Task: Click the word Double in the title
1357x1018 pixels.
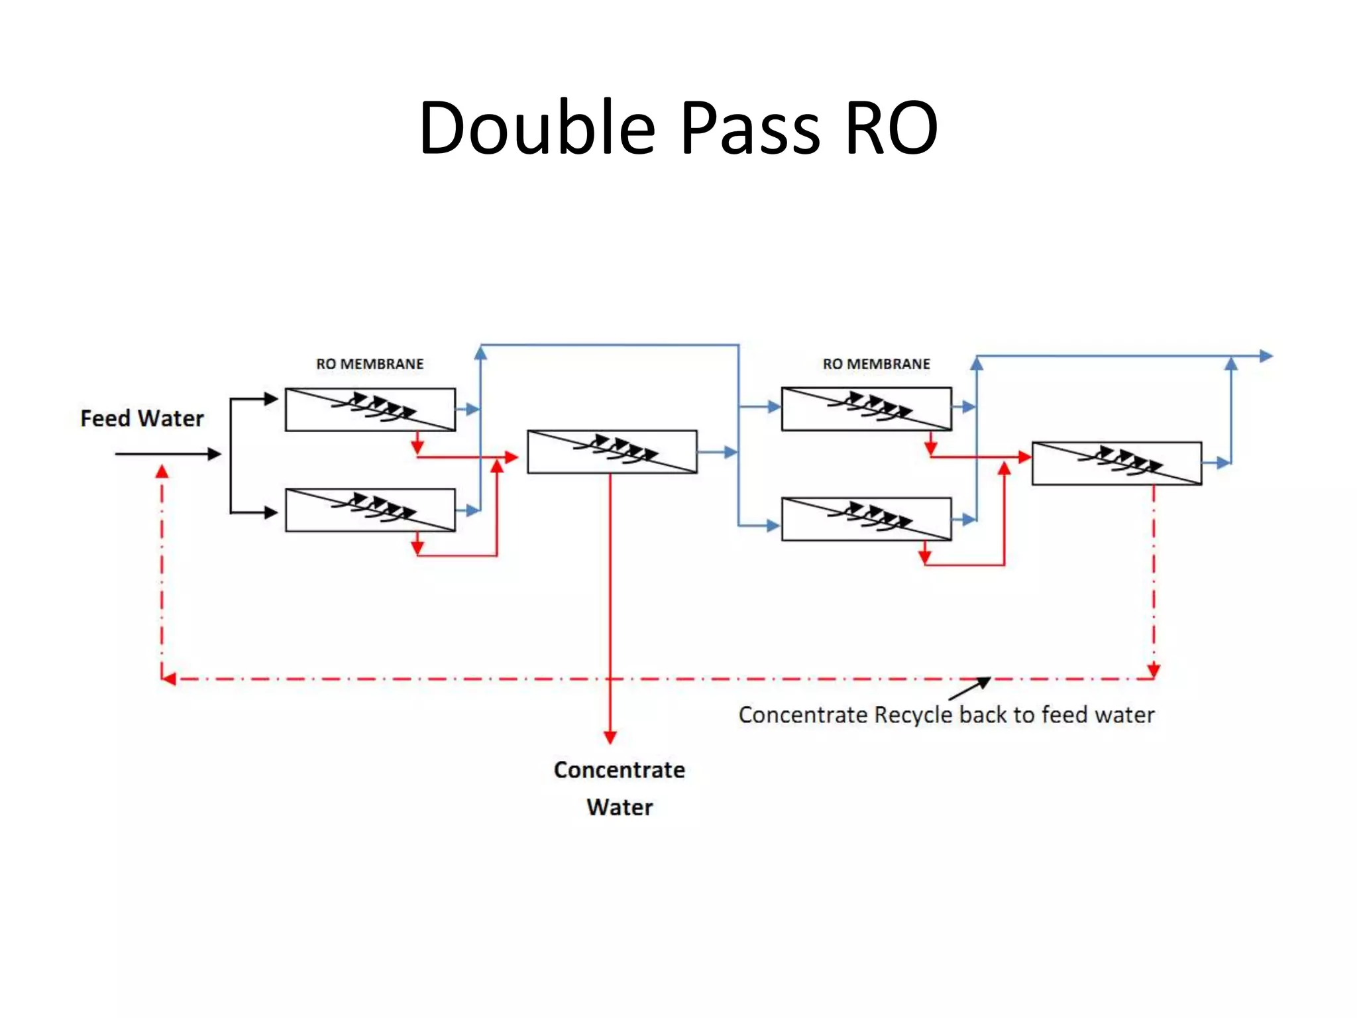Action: click(537, 127)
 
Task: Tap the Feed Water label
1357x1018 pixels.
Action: click(142, 418)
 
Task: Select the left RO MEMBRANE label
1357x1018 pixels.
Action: click(370, 364)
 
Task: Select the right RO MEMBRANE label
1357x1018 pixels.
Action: click(876, 364)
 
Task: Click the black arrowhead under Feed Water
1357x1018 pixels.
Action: click(214, 454)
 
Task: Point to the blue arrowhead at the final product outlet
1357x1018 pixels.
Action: click(1266, 356)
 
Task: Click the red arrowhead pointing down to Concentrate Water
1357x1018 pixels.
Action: click(610, 737)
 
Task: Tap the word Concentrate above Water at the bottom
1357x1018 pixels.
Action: click(619, 769)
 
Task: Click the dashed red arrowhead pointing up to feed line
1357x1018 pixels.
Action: click(162, 472)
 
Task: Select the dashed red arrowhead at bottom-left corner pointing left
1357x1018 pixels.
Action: click(169, 679)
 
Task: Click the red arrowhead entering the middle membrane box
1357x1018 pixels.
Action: click(511, 457)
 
